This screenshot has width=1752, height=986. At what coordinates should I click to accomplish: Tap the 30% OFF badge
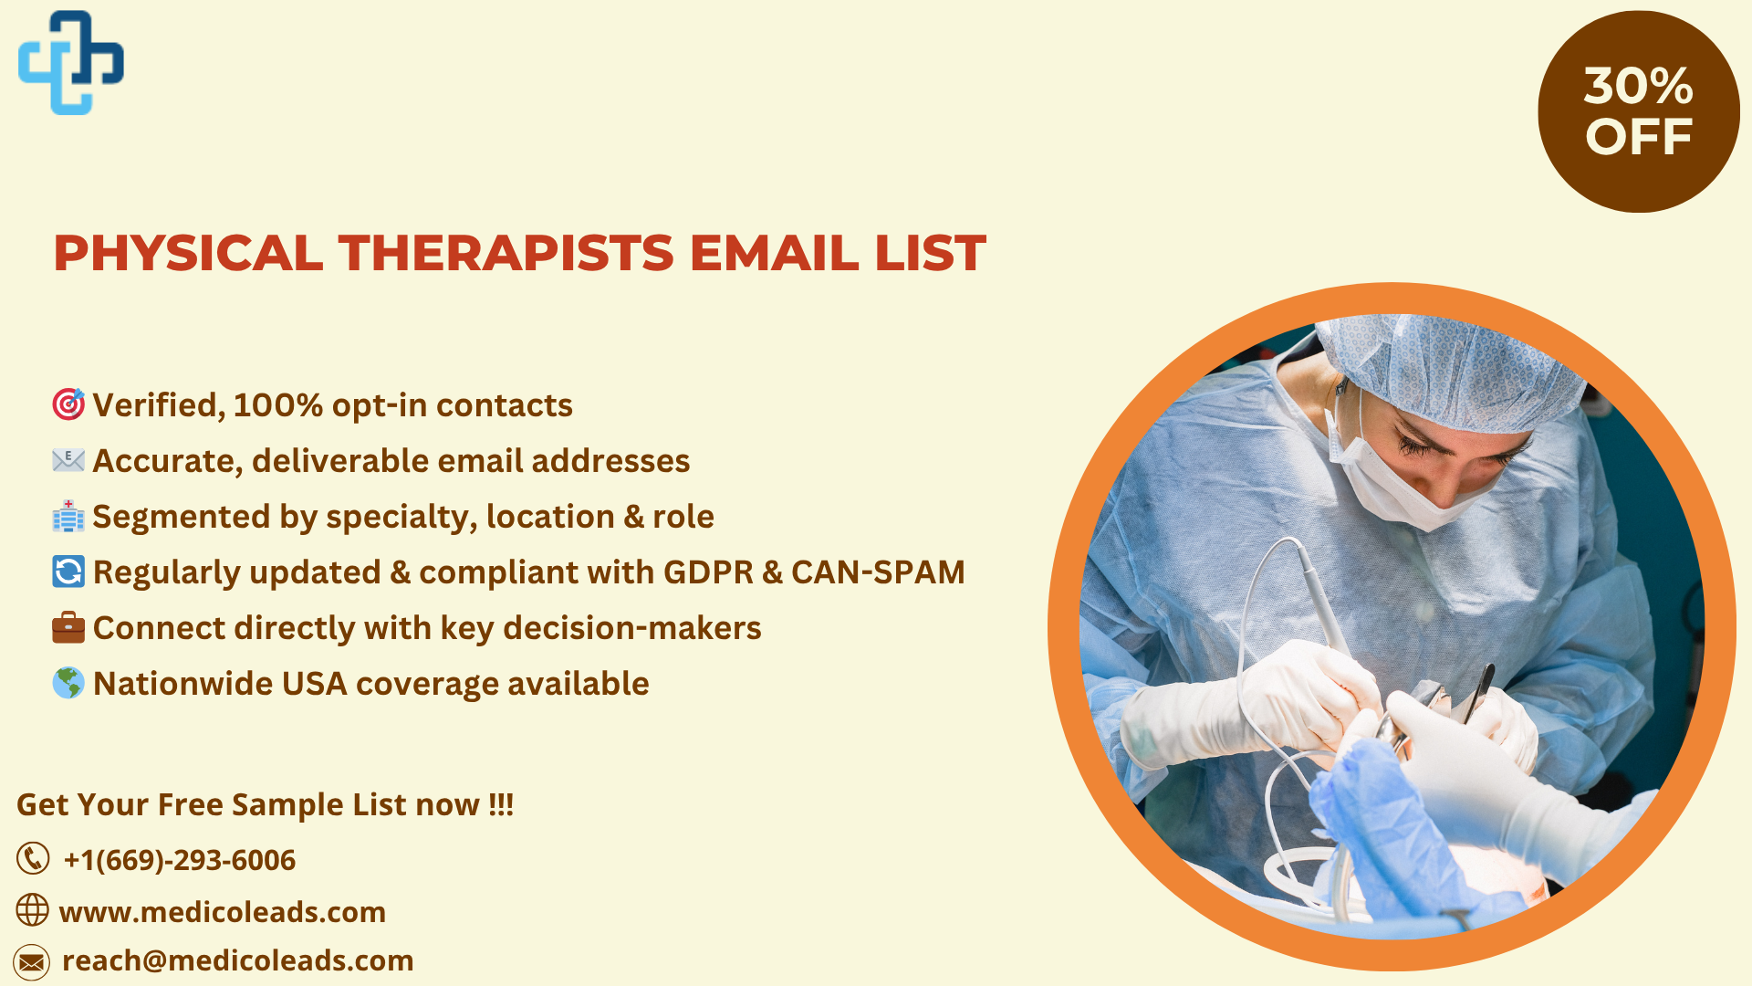1639,111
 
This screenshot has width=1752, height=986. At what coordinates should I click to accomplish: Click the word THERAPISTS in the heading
506,253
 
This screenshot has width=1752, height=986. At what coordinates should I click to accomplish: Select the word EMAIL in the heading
774,253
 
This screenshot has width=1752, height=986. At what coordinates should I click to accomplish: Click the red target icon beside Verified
68,404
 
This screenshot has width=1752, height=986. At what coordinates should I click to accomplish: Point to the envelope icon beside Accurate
68,460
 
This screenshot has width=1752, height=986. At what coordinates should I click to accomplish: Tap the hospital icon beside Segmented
68,516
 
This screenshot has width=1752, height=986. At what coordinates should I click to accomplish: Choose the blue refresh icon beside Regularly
68,572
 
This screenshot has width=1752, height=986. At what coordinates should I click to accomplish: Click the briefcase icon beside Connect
68,627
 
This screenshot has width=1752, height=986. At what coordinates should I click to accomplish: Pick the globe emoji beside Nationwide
68,683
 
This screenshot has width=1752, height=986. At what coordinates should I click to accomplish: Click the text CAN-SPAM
878,572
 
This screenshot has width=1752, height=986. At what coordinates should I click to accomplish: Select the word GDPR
708,572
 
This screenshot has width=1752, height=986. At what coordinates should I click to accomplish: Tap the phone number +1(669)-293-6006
179,860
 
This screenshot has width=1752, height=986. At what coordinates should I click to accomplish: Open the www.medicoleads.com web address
223,912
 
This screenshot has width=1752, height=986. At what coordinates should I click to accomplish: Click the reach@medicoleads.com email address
238,960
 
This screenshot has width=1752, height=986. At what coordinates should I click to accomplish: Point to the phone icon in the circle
33,859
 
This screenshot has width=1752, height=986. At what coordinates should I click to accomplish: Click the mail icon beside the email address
32,962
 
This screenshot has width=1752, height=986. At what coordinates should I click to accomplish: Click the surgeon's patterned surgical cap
1451,370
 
